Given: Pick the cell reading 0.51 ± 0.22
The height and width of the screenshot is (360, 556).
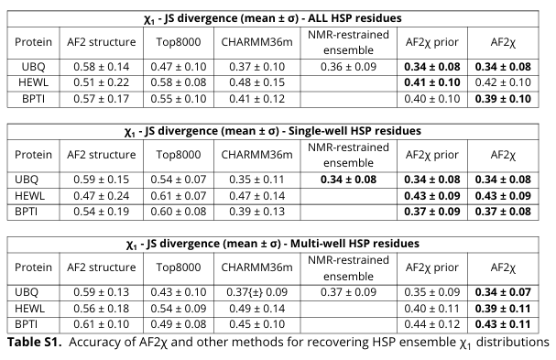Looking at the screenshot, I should [x=104, y=82].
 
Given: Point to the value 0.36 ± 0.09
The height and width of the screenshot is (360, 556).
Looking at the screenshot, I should [x=343, y=66].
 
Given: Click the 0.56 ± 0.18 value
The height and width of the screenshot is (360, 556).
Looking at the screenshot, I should [x=104, y=307].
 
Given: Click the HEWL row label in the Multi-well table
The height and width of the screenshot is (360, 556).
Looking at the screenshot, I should [x=31, y=307].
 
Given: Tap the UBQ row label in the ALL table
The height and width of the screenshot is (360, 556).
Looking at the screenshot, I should [x=31, y=66].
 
